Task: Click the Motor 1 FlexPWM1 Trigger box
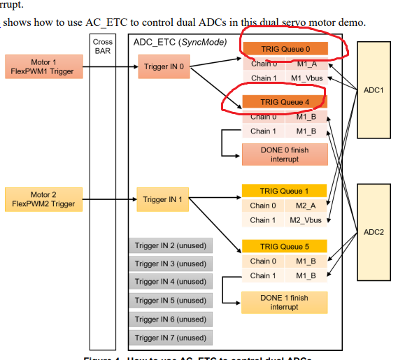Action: (43, 66)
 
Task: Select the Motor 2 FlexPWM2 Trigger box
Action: (43, 199)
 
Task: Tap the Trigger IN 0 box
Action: (164, 66)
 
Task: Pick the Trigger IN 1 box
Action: (164, 199)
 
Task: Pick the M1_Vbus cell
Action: (306, 78)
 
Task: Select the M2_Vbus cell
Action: (306, 220)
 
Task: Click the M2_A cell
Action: (306, 206)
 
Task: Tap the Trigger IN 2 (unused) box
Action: (171, 245)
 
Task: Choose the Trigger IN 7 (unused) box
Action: (171, 338)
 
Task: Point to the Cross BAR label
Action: (103, 47)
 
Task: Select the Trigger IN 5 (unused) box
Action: (171, 301)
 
